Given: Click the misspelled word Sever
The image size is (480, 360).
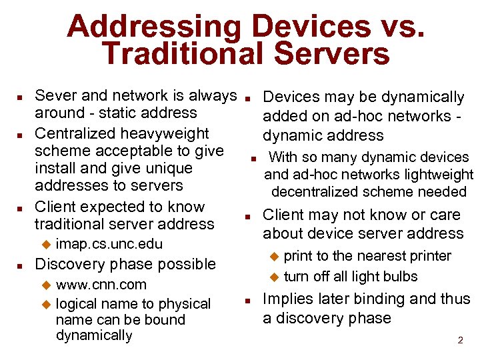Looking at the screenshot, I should (55, 96).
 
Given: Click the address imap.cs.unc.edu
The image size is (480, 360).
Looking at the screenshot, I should (109, 244).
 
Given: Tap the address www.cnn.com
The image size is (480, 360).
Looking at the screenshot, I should (101, 285).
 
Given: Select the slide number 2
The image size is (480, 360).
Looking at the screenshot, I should (459, 340).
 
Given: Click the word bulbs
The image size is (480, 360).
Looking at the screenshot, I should (399, 276).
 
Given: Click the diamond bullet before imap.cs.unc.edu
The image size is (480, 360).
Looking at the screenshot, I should (46, 244).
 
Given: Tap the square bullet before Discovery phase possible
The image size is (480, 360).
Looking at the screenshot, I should (20, 265).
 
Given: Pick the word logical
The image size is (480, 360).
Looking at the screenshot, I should (77, 304).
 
